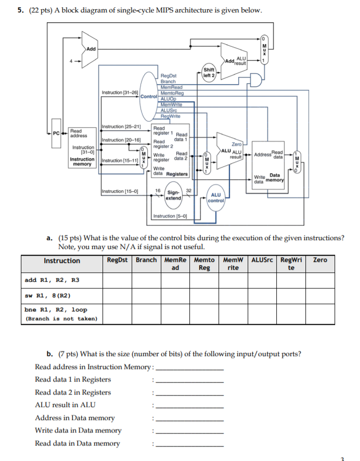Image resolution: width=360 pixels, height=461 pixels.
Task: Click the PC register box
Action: [56, 134]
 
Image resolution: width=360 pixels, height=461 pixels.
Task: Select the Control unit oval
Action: [149, 96]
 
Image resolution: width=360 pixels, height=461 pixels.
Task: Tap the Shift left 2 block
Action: [209, 73]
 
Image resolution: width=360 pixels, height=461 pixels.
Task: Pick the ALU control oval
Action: [216, 197]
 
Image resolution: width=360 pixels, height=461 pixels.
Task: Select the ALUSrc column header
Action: [263, 260]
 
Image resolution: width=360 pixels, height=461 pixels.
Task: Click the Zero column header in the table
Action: [320, 260]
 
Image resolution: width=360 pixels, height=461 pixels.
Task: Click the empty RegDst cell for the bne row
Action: [117, 314]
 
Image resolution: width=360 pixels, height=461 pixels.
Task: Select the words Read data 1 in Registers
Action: [73, 379]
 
